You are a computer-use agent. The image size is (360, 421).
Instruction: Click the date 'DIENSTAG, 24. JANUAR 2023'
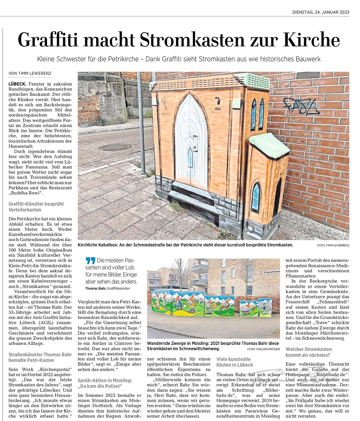pyautogui.click(x=321, y=12)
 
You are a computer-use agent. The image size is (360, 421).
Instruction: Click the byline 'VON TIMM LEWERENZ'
pyautogui.click(x=30, y=73)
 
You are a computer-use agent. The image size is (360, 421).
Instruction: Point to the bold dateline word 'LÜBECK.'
pyautogui.click(x=19, y=84)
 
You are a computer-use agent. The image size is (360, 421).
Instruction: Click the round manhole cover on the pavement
pyautogui.click(x=115, y=147)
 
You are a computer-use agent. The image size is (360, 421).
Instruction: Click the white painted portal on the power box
pyautogui.click(x=191, y=140)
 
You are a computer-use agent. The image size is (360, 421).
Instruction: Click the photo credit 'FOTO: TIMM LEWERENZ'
pyautogui.click(x=333, y=245)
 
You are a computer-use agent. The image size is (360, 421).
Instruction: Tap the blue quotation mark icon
pyautogui.click(x=90, y=261)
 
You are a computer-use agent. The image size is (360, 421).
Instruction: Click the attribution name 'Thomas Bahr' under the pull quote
pyautogui.click(x=95, y=288)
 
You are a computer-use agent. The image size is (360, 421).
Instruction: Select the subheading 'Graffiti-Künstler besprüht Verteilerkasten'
pyautogui.click(x=36, y=206)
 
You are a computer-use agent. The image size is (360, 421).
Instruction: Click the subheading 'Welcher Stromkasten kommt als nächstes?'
pyautogui.click(x=309, y=352)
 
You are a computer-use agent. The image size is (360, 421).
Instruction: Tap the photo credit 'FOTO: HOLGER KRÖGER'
pyautogui.click(x=263, y=349)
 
